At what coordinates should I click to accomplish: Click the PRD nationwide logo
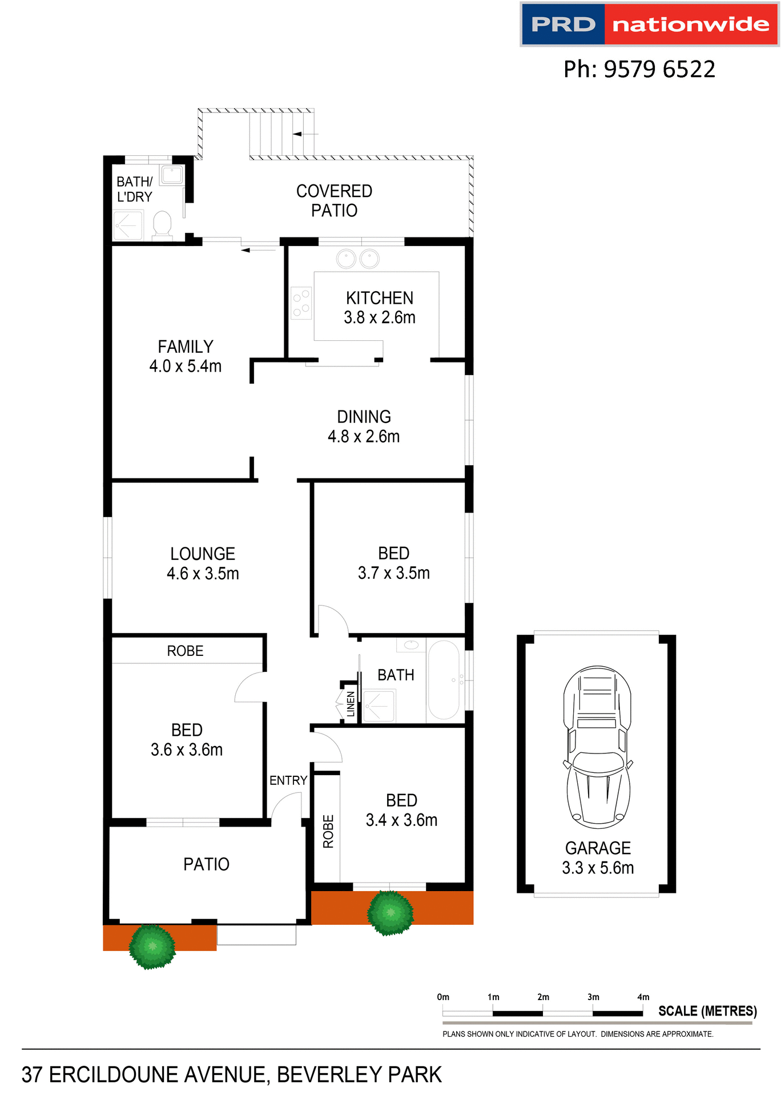coord(649,25)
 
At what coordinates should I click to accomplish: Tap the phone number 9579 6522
coord(639,69)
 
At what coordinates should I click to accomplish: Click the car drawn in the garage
coord(598,747)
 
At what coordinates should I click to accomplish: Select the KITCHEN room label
coord(380,298)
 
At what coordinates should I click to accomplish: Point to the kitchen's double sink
coord(358,259)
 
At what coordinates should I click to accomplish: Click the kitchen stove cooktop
coord(301,303)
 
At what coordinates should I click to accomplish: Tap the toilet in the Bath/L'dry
coord(162,225)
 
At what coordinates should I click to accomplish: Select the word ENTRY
coord(288,780)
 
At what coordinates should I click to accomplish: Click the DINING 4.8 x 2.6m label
coord(364,426)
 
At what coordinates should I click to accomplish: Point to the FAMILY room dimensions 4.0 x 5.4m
coord(186,366)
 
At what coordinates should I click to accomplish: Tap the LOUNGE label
coord(203,554)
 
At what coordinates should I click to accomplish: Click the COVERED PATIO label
coord(334,200)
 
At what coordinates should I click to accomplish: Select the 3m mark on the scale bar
coord(593,997)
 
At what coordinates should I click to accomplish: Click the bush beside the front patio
coord(152,946)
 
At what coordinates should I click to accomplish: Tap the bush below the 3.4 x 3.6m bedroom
coord(390,912)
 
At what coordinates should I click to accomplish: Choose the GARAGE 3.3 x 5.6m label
coord(598,858)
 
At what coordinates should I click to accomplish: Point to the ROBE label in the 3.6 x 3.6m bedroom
coord(185,651)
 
